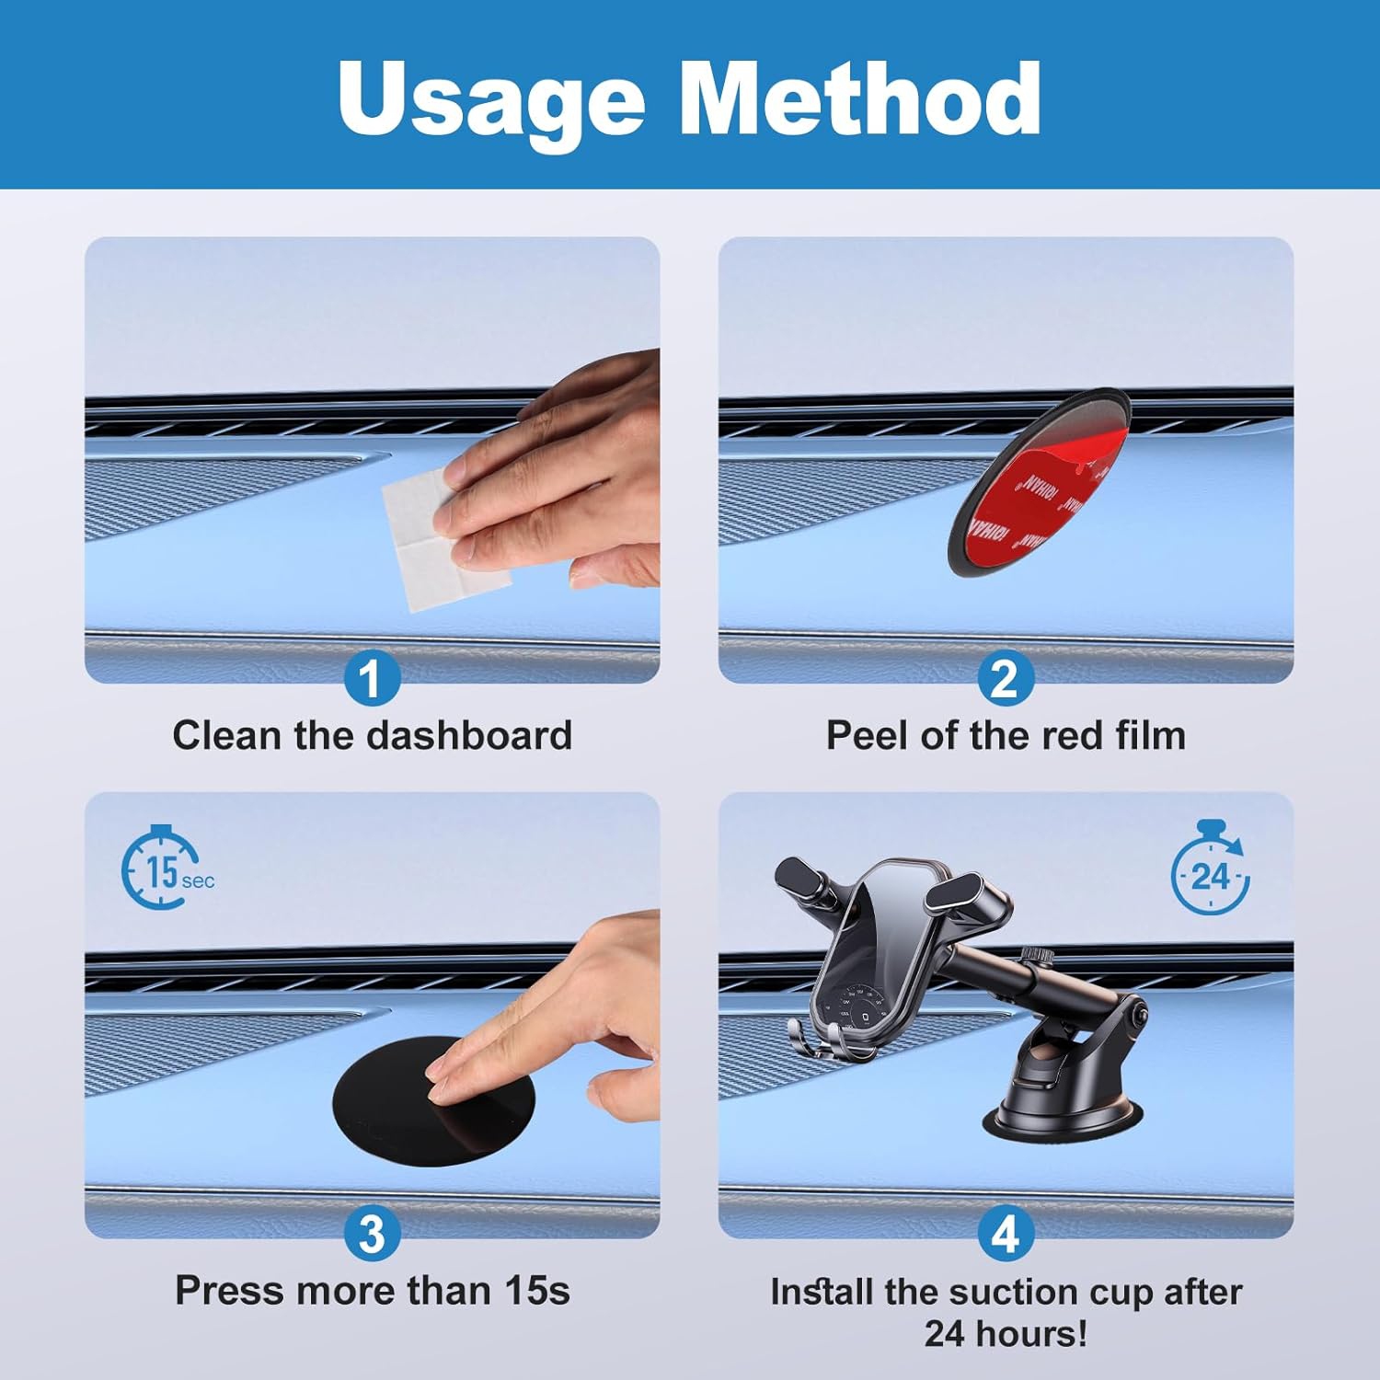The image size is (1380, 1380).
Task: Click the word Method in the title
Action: (x=859, y=97)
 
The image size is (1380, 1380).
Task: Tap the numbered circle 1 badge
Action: (x=372, y=679)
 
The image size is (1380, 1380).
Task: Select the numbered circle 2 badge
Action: (x=1005, y=679)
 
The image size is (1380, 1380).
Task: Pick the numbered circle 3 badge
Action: (x=372, y=1234)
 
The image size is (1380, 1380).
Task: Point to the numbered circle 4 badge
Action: (x=1005, y=1234)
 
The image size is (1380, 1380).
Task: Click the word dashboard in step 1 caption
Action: (x=469, y=736)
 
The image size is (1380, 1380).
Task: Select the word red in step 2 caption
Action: (x=1073, y=736)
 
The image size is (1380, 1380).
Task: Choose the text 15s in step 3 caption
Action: (x=537, y=1291)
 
